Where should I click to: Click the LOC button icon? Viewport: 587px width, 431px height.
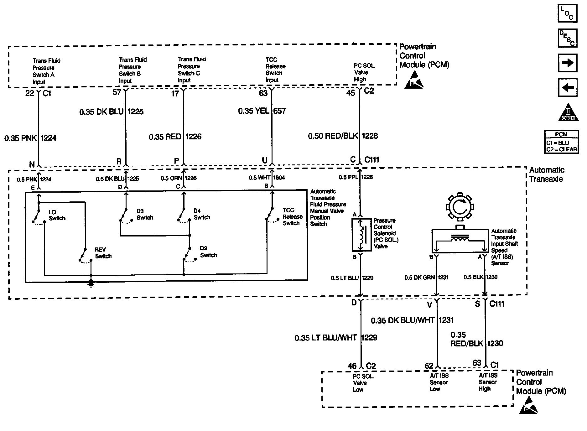point(567,13)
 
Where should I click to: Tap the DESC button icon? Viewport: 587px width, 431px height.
point(567,38)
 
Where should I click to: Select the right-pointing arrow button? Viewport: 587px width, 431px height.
point(567,63)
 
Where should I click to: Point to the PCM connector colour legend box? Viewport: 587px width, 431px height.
point(562,142)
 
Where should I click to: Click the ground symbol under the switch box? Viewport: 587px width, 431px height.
point(91,283)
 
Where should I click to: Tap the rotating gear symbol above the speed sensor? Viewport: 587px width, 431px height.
point(460,207)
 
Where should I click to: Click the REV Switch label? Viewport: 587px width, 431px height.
point(103,253)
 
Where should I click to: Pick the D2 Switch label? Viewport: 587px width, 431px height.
point(208,252)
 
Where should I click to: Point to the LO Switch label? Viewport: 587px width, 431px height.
point(57,215)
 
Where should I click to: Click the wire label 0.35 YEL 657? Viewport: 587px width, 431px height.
point(262,111)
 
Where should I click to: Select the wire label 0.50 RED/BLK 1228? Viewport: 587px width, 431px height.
point(343,136)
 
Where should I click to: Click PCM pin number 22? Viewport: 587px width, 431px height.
point(30,93)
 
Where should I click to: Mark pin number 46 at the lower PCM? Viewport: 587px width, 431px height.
point(352,366)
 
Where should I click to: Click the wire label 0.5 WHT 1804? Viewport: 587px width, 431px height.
point(267,178)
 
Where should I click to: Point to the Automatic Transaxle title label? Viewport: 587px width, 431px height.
point(547,174)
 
